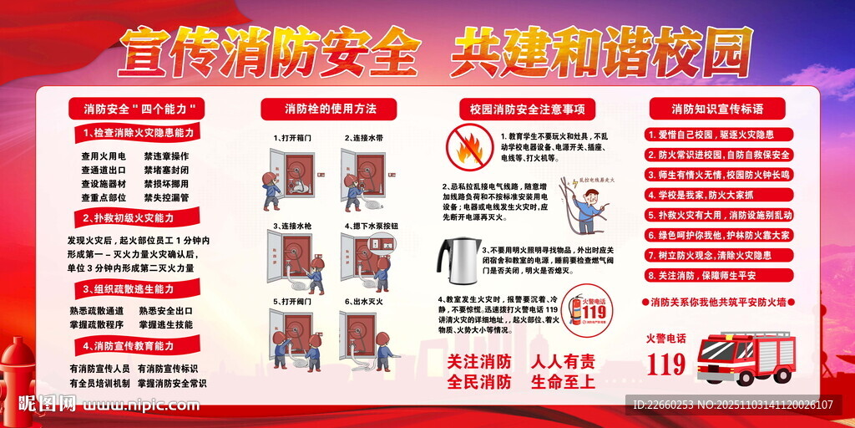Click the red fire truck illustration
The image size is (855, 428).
(745, 357)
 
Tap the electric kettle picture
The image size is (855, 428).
(458, 261)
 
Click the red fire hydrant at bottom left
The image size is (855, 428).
(18, 376)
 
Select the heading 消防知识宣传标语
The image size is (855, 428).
(717, 109)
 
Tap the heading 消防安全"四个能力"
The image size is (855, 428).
(134, 109)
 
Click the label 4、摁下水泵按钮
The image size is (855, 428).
(371, 226)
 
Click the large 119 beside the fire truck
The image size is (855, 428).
(666, 364)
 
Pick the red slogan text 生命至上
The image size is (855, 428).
(563, 381)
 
